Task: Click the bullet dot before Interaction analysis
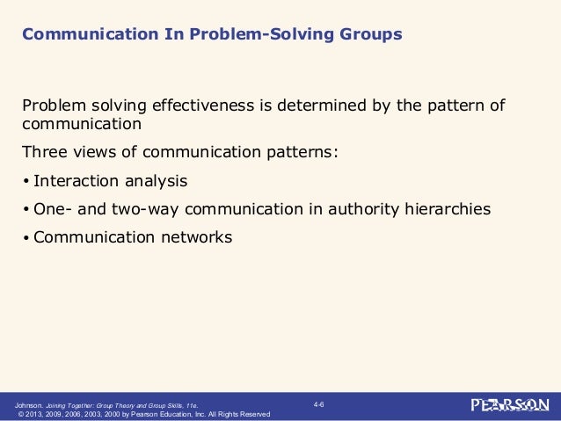pos(26,182)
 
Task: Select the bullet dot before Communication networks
pos(26,236)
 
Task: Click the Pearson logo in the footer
pos(510,405)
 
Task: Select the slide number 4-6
pos(319,403)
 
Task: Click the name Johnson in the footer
pos(22,404)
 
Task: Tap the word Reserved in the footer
pos(253,413)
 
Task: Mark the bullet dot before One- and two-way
pos(26,209)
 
